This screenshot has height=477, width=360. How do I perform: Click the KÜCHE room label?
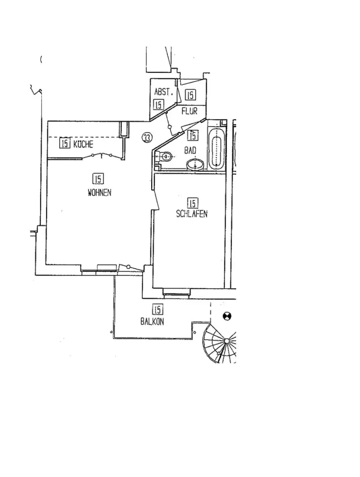coord(83,144)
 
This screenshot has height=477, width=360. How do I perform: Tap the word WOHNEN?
coord(99,193)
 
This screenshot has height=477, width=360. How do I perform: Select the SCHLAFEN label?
coord(192,214)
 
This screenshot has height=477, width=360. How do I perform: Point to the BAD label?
coord(191,150)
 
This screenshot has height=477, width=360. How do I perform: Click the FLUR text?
coord(189,111)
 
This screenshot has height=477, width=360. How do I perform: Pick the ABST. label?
coord(162,92)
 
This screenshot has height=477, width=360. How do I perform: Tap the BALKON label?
coord(152,321)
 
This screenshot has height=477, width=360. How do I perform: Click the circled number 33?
coord(147,138)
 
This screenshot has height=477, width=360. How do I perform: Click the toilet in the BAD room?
coord(166,156)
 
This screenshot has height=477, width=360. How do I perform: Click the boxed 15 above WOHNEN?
coord(98,179)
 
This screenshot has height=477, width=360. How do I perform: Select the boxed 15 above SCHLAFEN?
coord(193,203)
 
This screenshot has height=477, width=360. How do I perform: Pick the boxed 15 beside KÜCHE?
coord(65,143)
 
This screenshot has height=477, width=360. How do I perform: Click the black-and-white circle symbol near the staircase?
coord(227,316)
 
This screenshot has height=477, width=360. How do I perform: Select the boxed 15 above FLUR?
coord(190,95)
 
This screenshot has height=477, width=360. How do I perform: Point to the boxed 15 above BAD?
coord(193,136)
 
